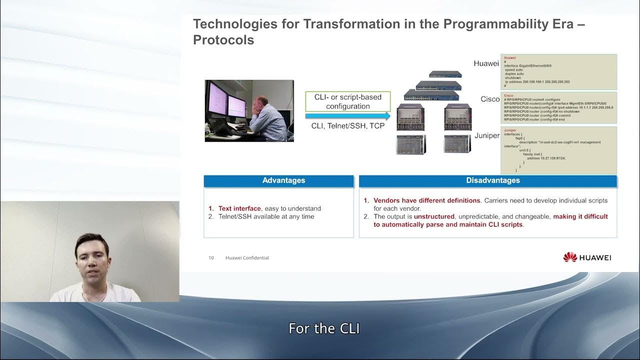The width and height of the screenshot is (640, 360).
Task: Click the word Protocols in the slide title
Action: coord(223,40)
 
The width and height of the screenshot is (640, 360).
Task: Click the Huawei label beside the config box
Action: coord(486,63)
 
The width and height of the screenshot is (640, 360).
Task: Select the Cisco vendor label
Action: coord(490,99)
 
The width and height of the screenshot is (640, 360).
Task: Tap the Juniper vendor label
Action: coord(486,135)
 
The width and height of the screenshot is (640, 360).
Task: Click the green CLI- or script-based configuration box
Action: coord(348,101)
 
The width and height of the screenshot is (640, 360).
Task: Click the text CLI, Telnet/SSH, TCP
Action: coord(348,126)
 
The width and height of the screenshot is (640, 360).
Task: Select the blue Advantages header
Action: coord(283,180)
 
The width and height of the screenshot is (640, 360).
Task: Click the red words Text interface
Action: coord(239,208)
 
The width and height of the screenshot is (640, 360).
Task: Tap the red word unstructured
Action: coord(434,216)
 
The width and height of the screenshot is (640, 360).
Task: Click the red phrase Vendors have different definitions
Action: coord(426,200)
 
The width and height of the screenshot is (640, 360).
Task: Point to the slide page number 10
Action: coord(211,258)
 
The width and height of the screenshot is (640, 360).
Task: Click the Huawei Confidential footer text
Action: coord(247,258)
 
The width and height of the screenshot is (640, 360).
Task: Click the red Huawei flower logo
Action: coord(569,257)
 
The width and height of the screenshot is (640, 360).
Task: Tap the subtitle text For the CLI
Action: coord(324,328)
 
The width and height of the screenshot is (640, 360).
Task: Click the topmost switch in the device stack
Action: coord(445,74)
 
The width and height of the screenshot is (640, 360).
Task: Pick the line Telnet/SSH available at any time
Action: coord(266,216)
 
